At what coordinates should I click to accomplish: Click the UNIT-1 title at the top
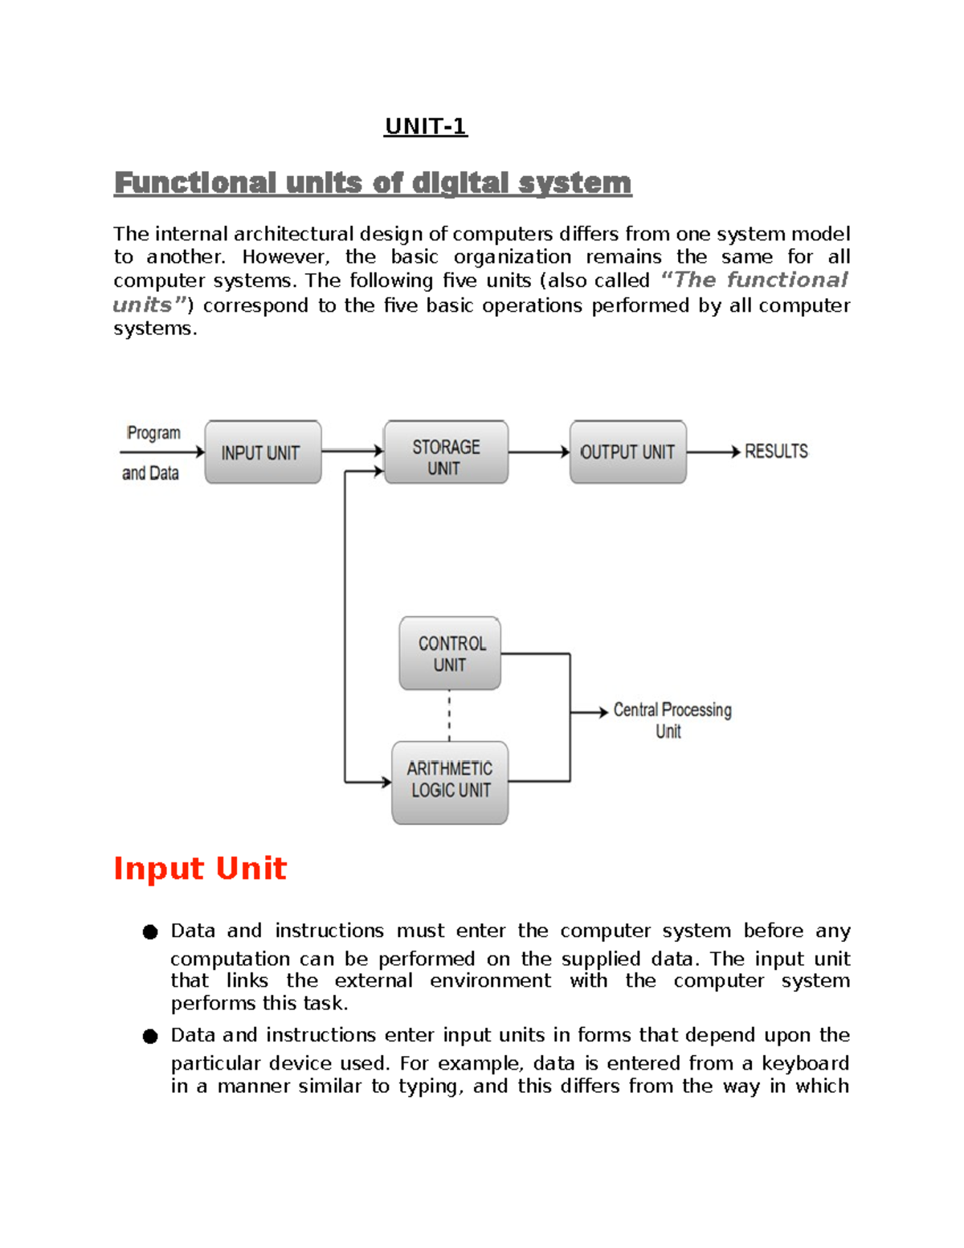425,126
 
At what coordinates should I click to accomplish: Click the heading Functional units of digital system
373,183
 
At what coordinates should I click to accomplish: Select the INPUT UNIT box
263,452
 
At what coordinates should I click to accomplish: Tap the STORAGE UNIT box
446,453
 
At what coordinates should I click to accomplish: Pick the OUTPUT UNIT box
627,452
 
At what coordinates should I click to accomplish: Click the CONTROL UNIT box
450,653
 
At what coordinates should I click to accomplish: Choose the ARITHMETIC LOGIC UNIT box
450,781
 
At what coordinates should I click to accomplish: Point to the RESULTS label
776,452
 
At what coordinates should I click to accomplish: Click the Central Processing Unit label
672,720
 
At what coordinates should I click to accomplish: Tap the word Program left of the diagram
153,433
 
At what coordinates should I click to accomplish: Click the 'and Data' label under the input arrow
150,473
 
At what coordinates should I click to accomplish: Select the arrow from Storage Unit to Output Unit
539,452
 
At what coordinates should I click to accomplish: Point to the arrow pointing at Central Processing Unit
590,712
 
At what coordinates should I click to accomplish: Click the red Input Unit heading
200,869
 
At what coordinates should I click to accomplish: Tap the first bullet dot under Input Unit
150,932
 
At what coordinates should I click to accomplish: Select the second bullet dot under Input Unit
150,1037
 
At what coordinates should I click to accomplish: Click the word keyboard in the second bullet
805,1064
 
